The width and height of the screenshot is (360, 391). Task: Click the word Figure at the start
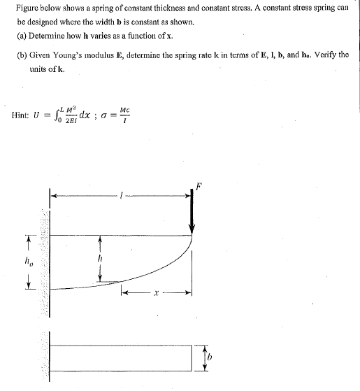(28, 7)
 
